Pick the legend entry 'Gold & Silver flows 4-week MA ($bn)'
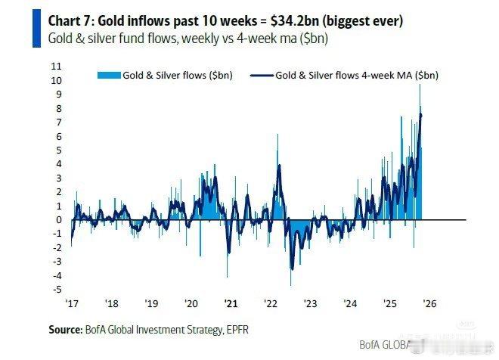[x=356, y=75]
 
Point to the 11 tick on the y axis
[x=57, y=67]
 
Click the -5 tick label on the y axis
[x=57, y=289]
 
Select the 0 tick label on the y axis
[x=59, y=219]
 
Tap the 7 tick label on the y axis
[x=59, y=122]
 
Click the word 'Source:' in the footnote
[x=64, y=330]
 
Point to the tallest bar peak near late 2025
[x=420, y=85]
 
